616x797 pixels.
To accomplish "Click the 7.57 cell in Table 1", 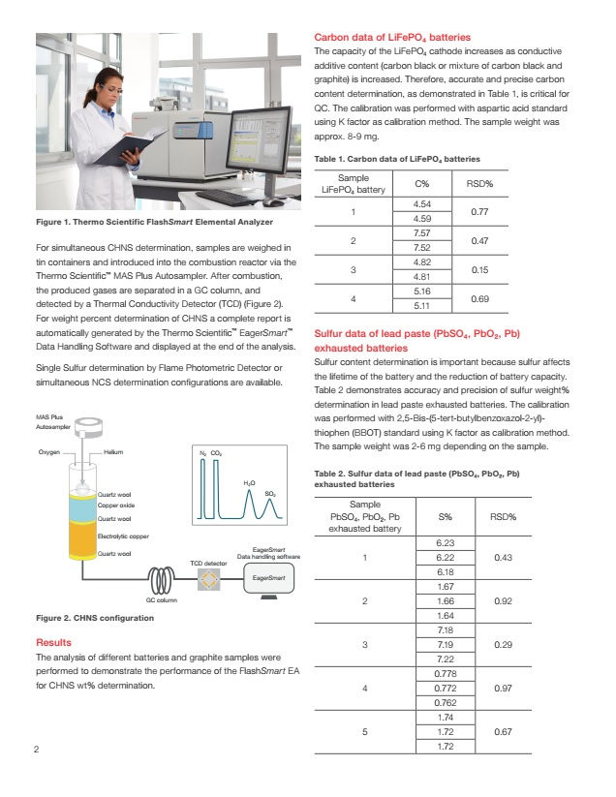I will pyautogui.click(x=421, y=233).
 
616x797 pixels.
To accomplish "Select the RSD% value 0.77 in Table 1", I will pyautogui.click(x=477, y=211).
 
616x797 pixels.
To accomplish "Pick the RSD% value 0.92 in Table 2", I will pyautogui.click(x=503, y=600).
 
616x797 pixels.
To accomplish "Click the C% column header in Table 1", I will pyautogui.click(x=421, y=183).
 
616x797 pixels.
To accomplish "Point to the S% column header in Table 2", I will pyautogui.click(x=446, y=517).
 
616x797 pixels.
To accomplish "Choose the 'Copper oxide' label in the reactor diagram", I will pyautogui.click(x=116, y=506).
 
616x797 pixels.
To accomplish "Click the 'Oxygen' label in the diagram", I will pyautogui.click(x=49, y=452).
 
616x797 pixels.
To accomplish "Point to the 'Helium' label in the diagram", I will pyautogui.click(x=114, y=452).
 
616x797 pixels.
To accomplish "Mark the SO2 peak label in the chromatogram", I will pyautogui.click(x=270, y=494).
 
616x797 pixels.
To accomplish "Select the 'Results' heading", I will pyautogui.click(x=52, y=643).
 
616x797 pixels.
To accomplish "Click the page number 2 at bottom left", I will pyautogui.click(x=36, y=751).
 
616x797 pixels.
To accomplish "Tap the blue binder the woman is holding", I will pyautogui.click(x=123, y=147).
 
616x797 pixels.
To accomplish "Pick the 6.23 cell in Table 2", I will pyautogui.click(x=446, y=544).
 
